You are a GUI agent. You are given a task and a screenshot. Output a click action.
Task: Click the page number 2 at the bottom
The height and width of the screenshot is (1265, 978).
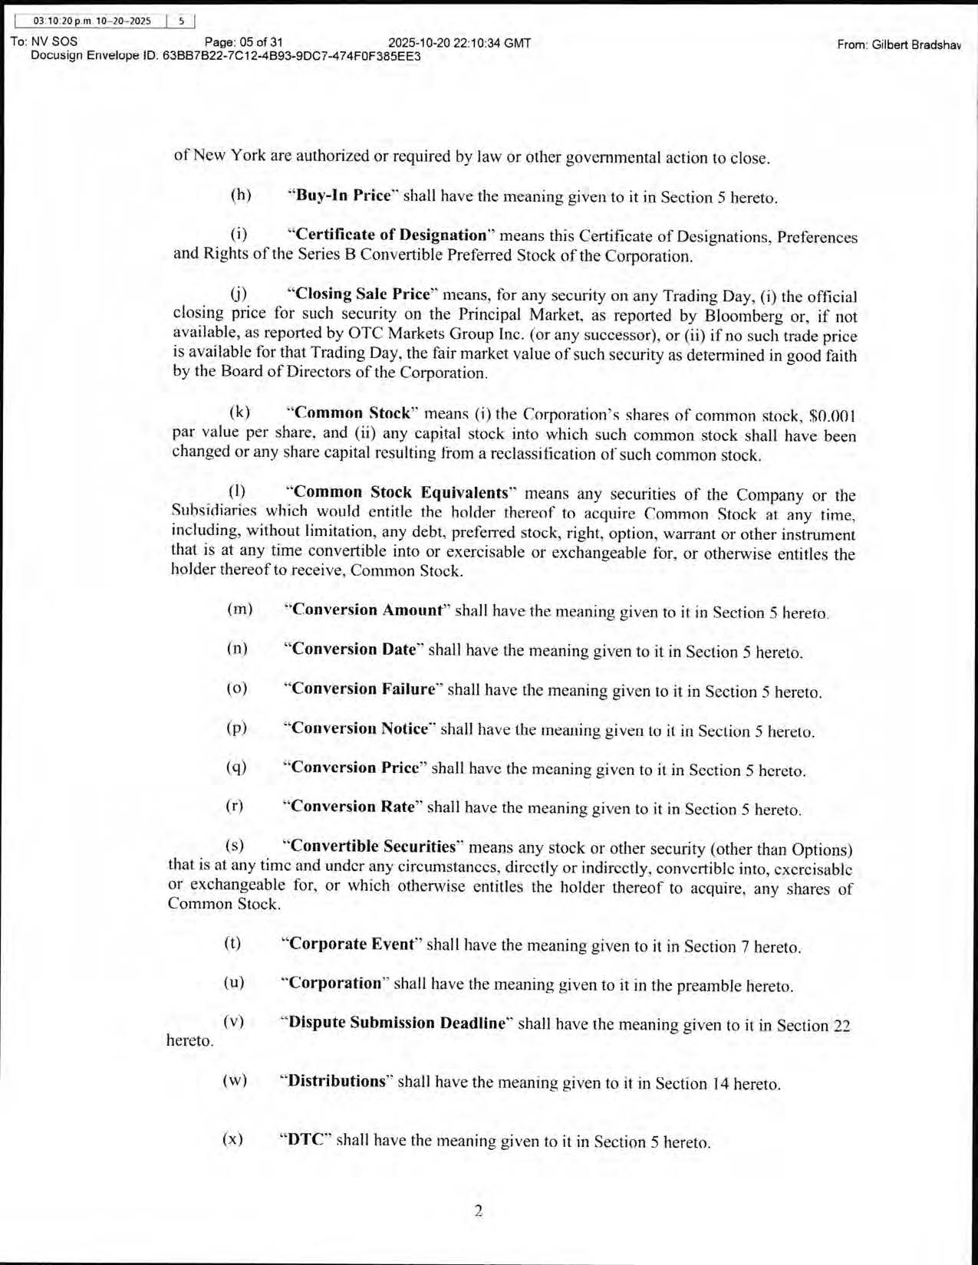pos(478,1211)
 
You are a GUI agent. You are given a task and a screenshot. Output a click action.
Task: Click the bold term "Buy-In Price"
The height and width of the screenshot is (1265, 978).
pos(343,195)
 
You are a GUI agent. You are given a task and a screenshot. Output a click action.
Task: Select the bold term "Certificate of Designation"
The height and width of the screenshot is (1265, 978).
pos(391,235)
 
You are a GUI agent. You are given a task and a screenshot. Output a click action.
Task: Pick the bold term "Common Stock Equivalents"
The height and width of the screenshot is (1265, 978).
pos(400,493)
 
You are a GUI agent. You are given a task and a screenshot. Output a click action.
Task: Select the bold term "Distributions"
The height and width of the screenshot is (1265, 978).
pos(336,1082)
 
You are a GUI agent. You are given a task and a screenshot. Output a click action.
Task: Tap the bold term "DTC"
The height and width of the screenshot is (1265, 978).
pos(305,1139)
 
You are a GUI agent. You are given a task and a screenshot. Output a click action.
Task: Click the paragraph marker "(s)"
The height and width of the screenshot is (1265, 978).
pos(235,846)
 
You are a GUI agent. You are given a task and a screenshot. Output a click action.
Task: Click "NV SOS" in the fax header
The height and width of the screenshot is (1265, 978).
pos(54,41)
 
